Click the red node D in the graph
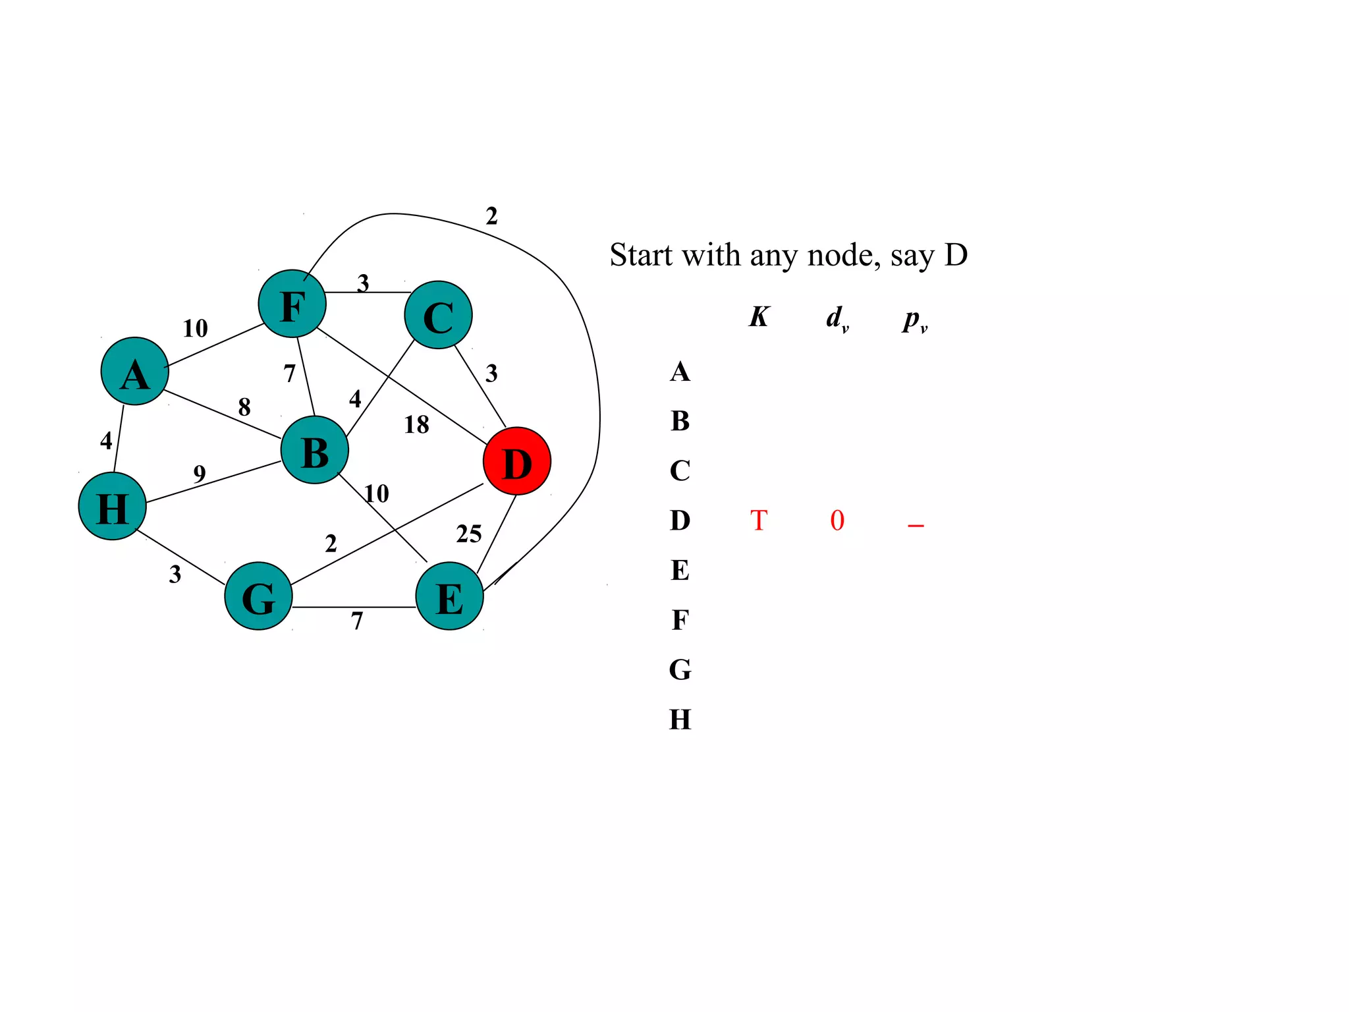coord(516,461)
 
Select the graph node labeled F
coord(292,304)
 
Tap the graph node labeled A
coord(135,372)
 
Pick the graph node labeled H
coord(112,506)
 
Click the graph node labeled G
coord(258,596)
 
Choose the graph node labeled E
coord(449,596)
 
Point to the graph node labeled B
coord(314,451)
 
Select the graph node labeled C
coord(438,315)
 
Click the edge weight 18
coord(416,425)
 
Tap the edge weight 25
coord(468,534)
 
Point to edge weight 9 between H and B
coord(199,474)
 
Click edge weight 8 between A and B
coord(244,407)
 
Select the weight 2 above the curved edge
coord(491,216)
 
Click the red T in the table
coord(759,520)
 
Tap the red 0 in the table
coord(837,520)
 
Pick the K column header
coord(759,317)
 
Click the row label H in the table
coord(680,719)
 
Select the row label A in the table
coord(680,372)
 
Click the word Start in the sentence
coord(642,255)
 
